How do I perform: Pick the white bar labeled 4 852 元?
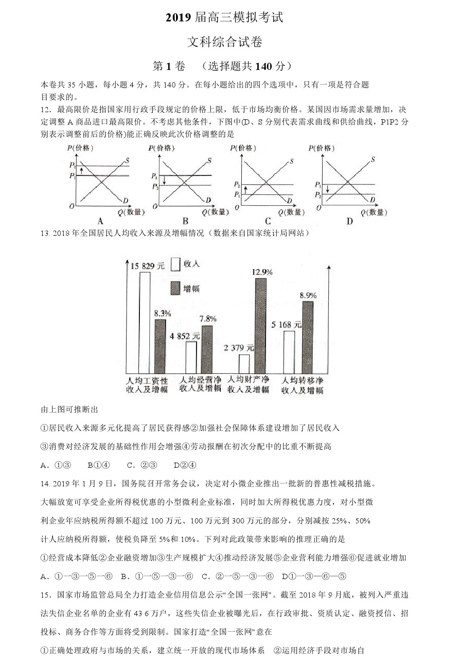[x=191, y=357]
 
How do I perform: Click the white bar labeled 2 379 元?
[x=244, y=364]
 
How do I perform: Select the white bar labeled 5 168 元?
[x=289, y=352]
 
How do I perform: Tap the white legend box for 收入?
[x=175, y=264]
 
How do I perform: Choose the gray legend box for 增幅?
[x=175, y=288]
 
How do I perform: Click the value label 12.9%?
[x=262, y=272]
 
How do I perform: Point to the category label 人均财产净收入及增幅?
[x=248, y=385]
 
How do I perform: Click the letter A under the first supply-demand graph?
[x=100, y=221]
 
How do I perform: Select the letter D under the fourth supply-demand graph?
[x=350, y=221]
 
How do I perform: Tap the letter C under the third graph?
[x=268, y=221]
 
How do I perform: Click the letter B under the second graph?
[x=186, y=221]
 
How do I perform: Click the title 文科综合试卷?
[x=225, y=42]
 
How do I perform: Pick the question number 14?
[x=45, y=484]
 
